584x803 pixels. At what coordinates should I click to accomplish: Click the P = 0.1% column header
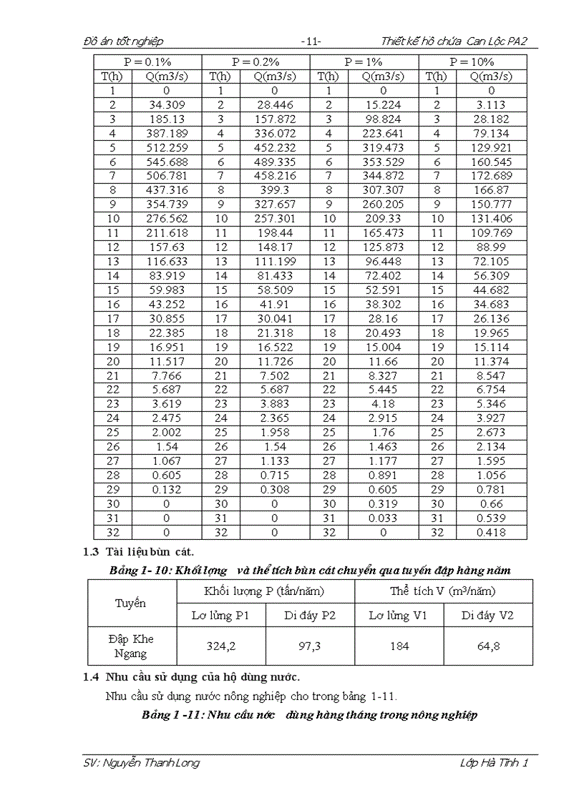pos(147,62)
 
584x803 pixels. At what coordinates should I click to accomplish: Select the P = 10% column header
pos(473,62)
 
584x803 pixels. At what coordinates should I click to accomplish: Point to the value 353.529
pos(383,162)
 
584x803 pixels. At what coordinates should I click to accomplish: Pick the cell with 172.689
pos(491,176)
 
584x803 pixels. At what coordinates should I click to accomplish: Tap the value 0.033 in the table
pos(383,518)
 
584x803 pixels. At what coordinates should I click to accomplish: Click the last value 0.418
pos(491,532)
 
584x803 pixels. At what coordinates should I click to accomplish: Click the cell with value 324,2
pos(220,646)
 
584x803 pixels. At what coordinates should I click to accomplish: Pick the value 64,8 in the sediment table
pos(487,646)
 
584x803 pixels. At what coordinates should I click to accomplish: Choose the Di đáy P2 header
pos(309,615)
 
